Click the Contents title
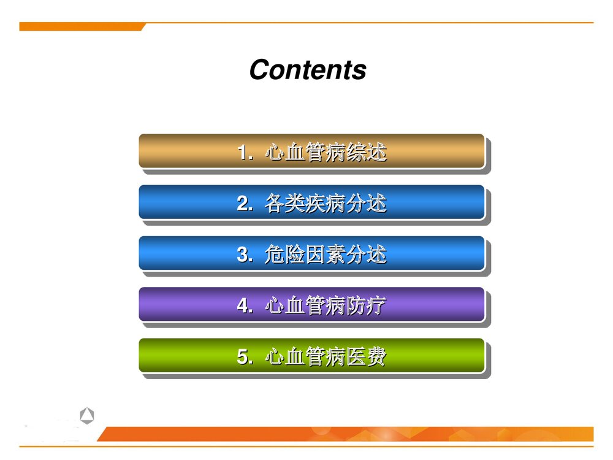308,69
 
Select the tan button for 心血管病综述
311,151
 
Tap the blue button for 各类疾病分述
311,202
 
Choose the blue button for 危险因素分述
311,253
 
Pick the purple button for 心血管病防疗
311,304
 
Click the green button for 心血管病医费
311,356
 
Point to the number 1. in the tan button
245,152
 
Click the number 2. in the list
245,204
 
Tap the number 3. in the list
245,255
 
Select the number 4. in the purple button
245,305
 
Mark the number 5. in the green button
245,357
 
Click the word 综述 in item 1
367,152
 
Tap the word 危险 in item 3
285,255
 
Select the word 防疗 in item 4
367,305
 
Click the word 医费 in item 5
367,357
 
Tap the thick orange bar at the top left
81,26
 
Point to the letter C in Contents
260,70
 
